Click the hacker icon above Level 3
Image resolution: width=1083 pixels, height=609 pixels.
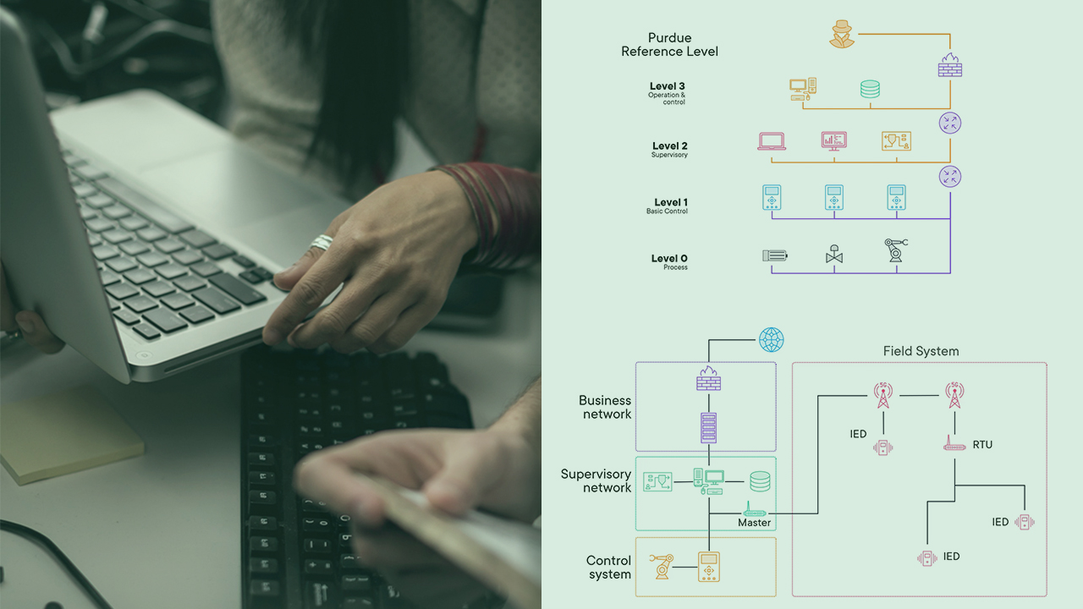click(x=841, y=35)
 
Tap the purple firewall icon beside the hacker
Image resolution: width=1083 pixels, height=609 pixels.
click(x=950, y=65)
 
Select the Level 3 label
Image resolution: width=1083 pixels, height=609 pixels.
click(x=667, y=86)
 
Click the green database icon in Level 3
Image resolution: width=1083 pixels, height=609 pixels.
click(x=870, y=89)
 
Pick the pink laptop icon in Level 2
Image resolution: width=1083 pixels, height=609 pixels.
click(x=772, y=141)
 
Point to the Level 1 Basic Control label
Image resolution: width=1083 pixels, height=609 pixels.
click(x=668, y=206)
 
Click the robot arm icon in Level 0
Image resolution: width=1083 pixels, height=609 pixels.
click(x=894, y=251)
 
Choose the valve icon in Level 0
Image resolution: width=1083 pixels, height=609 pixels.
click(x=834, y=255)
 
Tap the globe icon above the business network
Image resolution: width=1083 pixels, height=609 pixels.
click(x=771, y=340)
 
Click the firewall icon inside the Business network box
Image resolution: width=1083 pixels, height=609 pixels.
click(x=709, y=378)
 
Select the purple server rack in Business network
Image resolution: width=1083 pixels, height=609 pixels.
click(x=709, y=427)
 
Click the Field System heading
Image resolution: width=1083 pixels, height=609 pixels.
click(x=921, y=351)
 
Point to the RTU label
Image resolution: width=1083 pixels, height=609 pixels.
click(x=982, y=444)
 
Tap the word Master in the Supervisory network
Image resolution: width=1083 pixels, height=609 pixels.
click(x=754, y=523)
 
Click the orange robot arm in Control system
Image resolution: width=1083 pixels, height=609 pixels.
click(x=662, y=565)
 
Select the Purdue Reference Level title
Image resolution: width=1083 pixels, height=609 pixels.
click(x=669, y=45)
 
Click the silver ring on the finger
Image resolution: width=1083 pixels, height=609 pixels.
click(x=322, y=243)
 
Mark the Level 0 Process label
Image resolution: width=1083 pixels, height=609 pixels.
click(x=668, y=261)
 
